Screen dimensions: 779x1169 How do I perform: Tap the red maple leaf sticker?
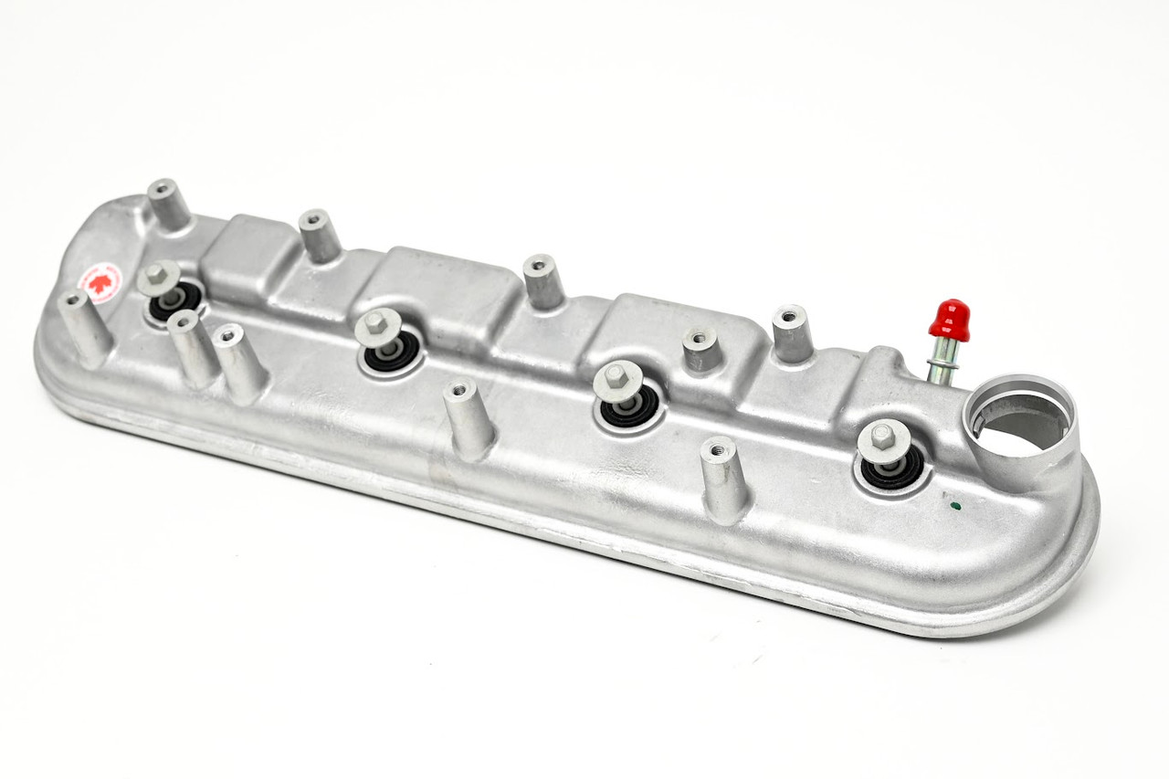100,282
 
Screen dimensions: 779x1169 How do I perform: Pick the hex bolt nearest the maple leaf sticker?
159,277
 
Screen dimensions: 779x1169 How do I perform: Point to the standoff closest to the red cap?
792,333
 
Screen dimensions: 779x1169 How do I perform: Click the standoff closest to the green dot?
724,479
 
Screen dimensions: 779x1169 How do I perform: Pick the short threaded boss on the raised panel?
700,349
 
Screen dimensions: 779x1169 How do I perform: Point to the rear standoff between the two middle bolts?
543,281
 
